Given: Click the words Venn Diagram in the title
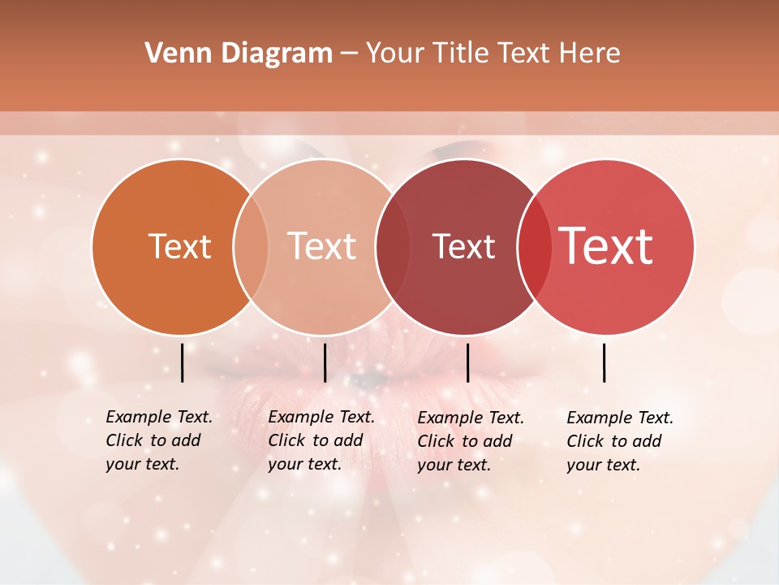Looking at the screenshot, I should pyautogui.click(x=239, y=54).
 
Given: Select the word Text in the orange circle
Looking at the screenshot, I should pyautogui.click(x=179, y=246).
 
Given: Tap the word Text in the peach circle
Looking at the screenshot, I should pyautogui.click(x=321, y=246).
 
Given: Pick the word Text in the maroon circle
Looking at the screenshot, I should pyautogui.click(x=463, y=246).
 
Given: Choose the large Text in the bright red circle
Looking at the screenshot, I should pyautogui.click(x=606, y=246).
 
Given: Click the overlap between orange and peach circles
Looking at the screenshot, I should pyautogui.click(x=251, y=247).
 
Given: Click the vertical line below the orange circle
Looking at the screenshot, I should pyautogui.click(x=183, y=362).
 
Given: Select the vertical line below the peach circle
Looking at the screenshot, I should pyautogui.click(x=325, y=362).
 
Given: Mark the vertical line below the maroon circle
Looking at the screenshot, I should pyautogui.click(x=467, y=362).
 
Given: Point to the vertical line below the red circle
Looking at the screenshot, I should pyautogui.click(x=604, y=362).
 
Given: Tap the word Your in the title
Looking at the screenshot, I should pyautogui.click(x=396, y=54).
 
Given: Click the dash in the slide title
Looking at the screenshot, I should pyautogui.click(x=349, y=54).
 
